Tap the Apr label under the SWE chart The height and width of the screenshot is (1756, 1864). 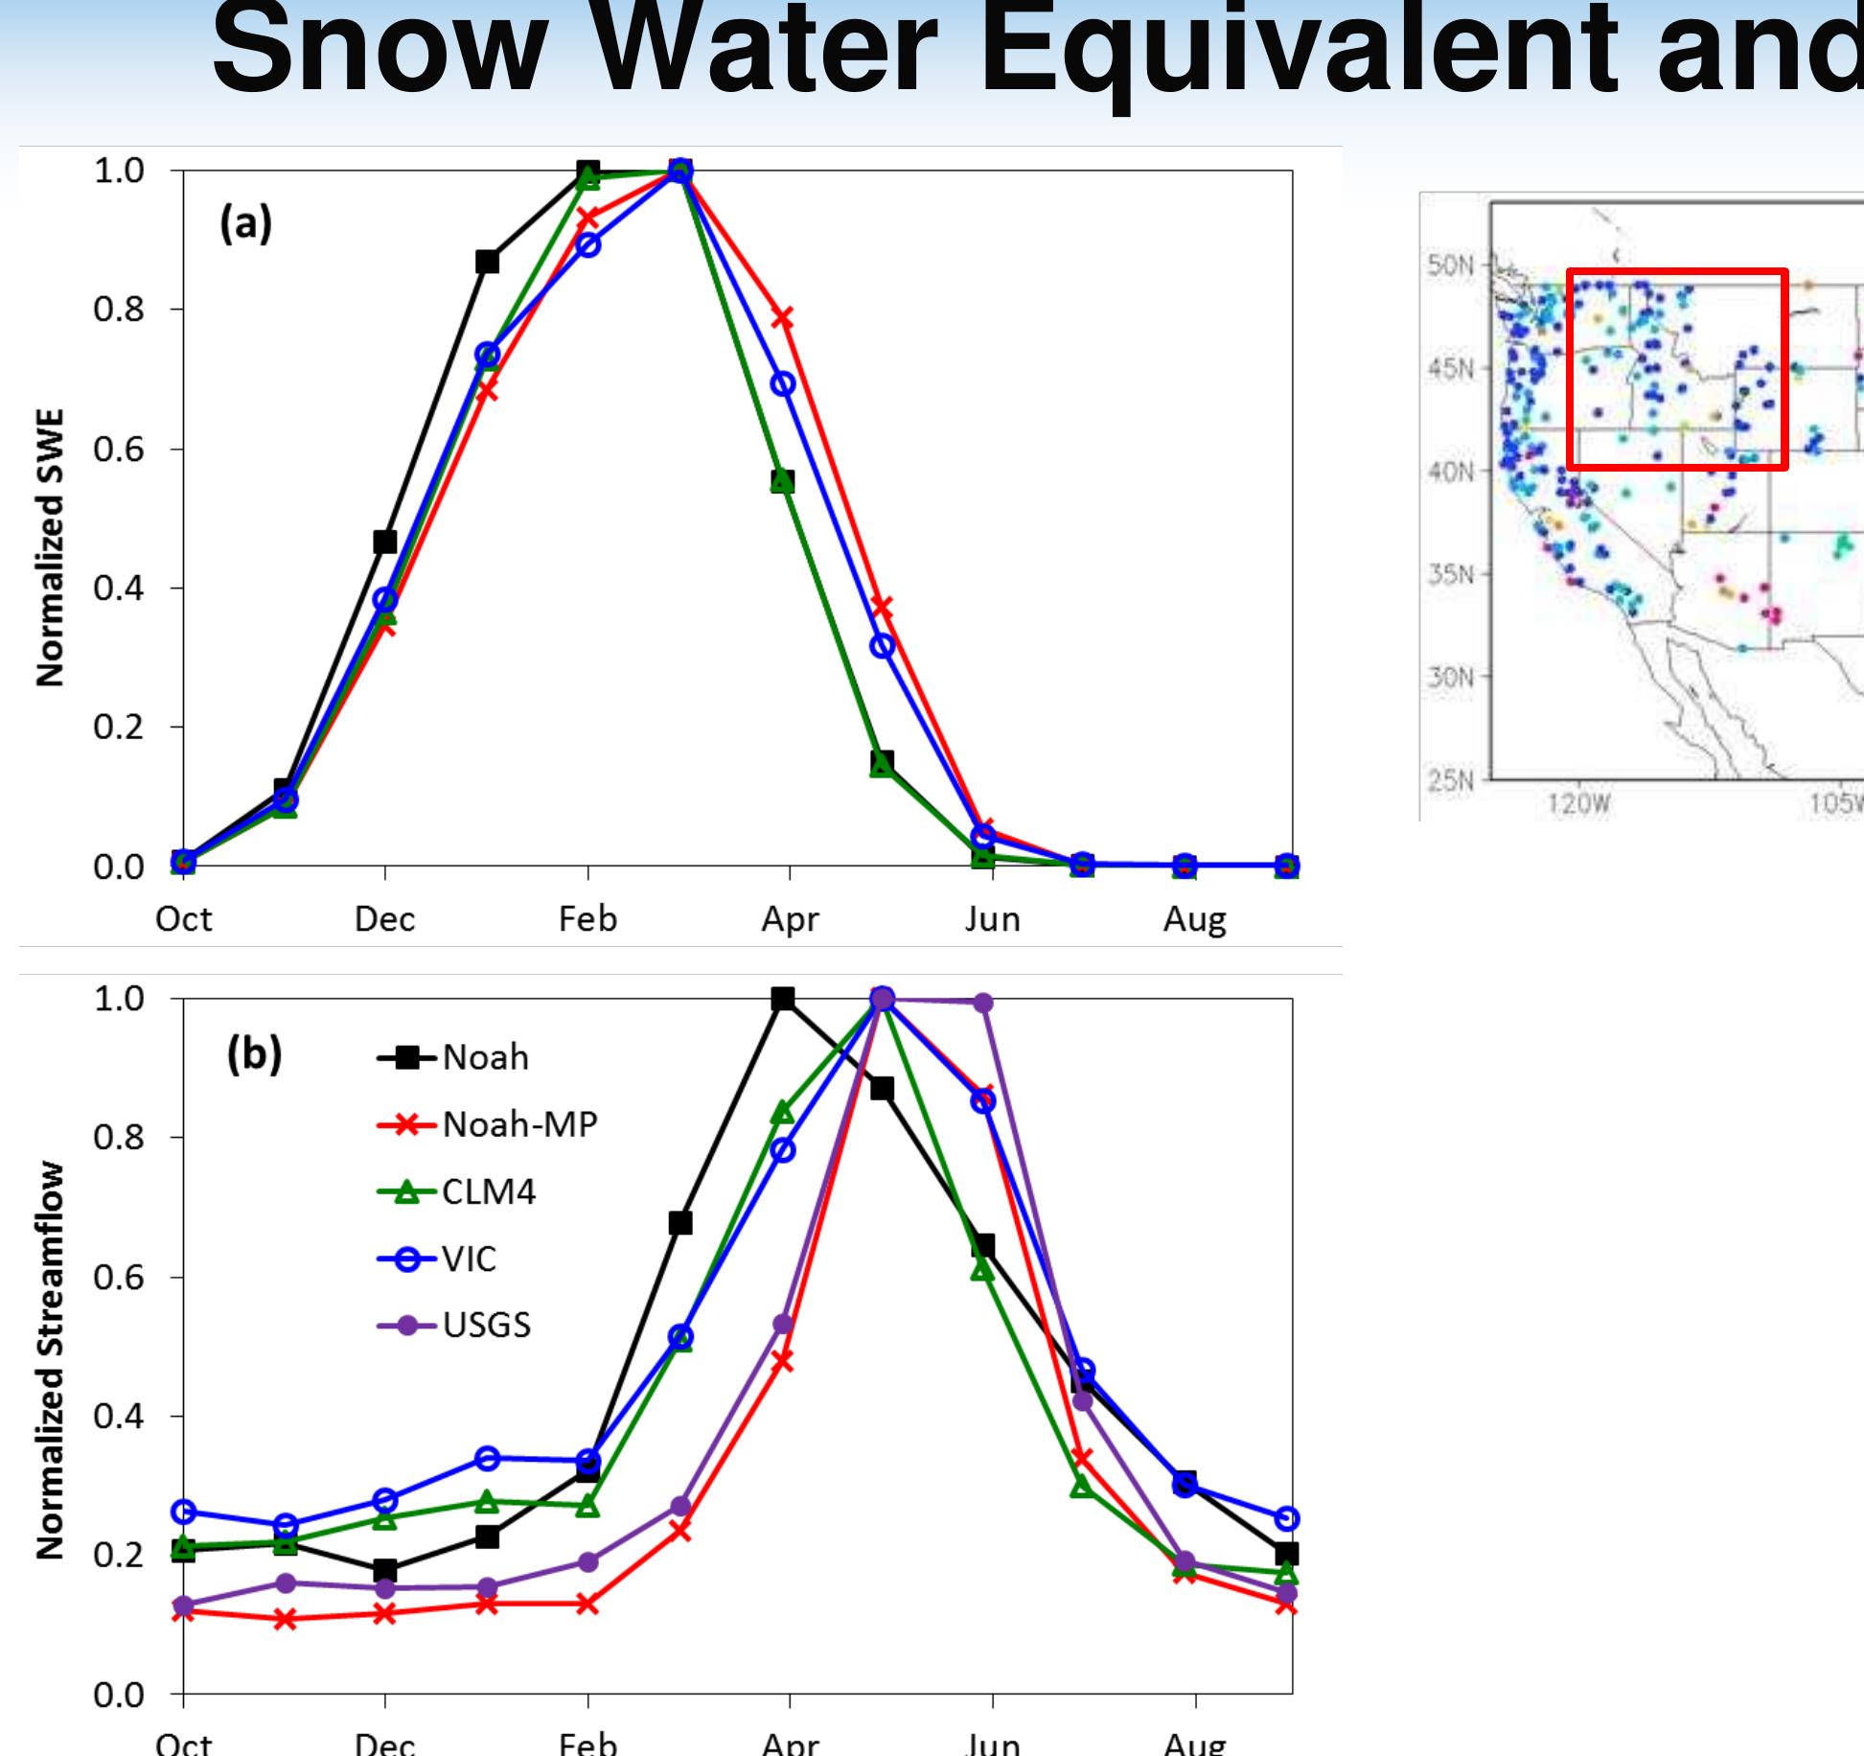[790, 920]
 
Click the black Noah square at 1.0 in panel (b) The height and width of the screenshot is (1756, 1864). [783, 999]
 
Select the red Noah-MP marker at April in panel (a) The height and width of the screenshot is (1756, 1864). [783, 317]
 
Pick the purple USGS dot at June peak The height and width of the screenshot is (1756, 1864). [983, 1003]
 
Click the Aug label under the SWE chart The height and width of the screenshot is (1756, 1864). [1194, 920]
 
